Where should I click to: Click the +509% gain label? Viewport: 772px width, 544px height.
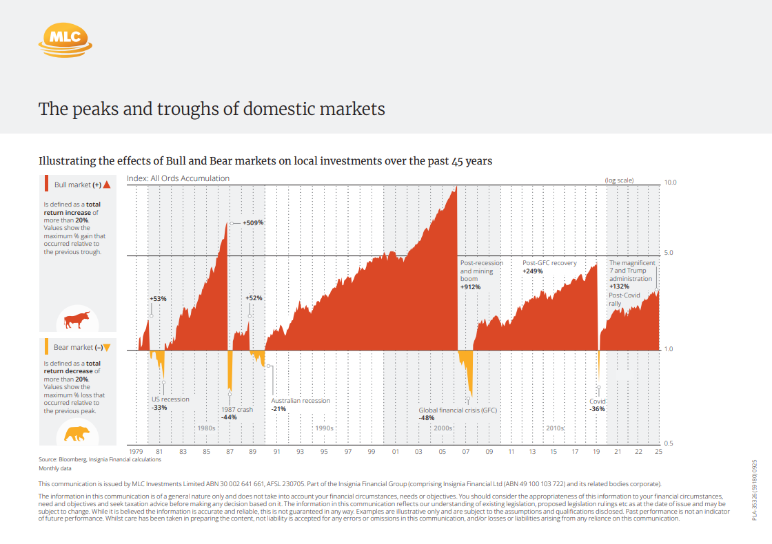click(254, 223)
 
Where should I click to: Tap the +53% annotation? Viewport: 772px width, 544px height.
click(158, 299)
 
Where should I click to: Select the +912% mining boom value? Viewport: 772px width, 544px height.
click(470, 287)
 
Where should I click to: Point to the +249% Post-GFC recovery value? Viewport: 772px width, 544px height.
click(533, 271)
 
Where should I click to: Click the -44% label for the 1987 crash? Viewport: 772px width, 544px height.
click(229, 417)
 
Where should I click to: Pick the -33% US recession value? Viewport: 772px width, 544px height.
click(159, 408)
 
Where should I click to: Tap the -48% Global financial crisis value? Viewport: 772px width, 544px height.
click(427, 418)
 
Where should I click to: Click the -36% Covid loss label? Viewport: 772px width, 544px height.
click(597, 409)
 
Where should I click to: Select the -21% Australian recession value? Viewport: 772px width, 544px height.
click(278, 409)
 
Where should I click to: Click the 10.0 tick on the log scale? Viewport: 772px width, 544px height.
click(671, 182)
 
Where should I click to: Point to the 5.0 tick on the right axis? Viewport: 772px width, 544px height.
click(669, 253)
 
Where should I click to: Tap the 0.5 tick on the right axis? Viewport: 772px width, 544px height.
click(669, 443)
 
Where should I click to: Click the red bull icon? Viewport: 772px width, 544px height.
click(77, 320)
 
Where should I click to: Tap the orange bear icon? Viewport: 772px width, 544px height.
click(77, 434)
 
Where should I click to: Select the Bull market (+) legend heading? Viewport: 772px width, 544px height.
click(77, 185)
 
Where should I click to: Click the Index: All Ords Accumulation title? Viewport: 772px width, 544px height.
click(178, 178)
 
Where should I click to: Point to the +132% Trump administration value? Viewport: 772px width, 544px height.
click(620, 286)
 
